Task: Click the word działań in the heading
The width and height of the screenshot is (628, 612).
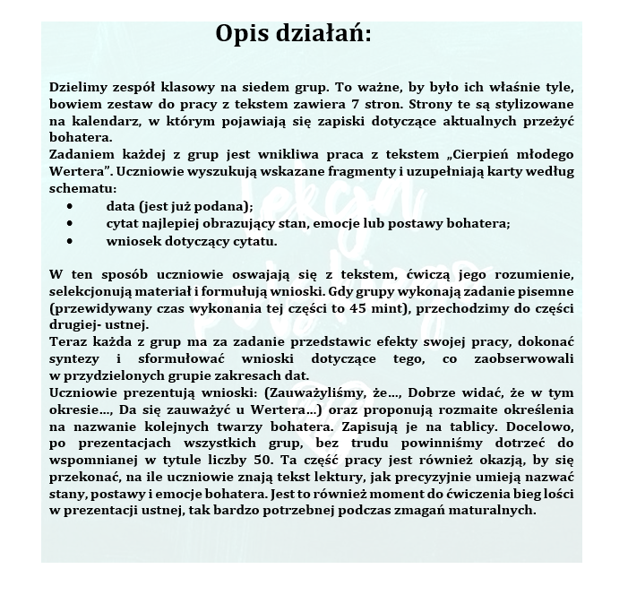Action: coord(325,35)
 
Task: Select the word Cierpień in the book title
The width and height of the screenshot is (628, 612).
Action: coord(471,154)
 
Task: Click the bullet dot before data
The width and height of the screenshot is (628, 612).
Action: coord(70,205)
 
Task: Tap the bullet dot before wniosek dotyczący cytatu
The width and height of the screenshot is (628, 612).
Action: coord(70,241)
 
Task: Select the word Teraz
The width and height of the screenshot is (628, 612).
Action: coord(66,342)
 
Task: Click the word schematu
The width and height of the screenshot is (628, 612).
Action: coord(81,189)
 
